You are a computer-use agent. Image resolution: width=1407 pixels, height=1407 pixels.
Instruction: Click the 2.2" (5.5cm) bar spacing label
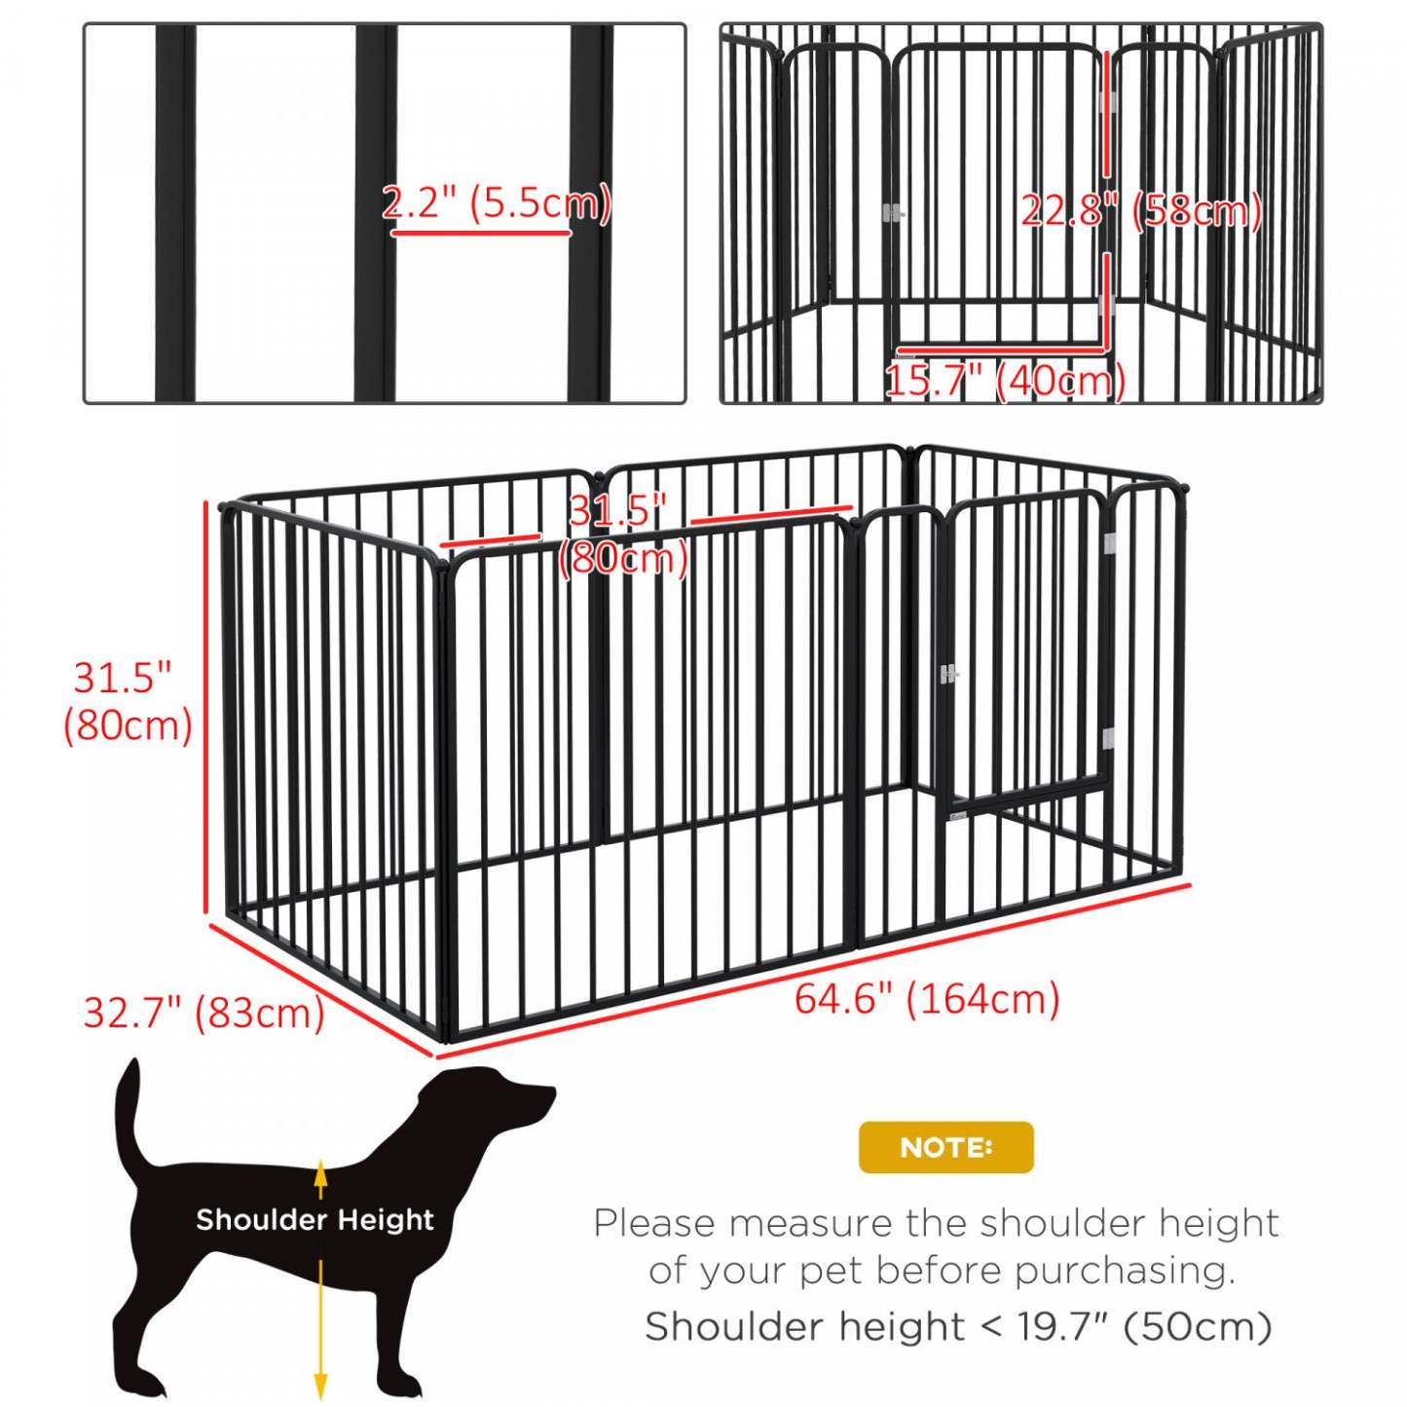[x=496, y=204]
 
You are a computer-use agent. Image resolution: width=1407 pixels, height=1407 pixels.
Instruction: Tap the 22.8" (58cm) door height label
[x=1140, y=210]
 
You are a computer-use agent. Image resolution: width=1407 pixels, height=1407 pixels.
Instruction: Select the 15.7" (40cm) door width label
[x=1005, y=380]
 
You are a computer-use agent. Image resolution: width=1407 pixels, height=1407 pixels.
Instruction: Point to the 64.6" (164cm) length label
[x=927, y=999]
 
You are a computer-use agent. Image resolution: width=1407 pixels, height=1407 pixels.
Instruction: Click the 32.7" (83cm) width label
[x=204, y=1013]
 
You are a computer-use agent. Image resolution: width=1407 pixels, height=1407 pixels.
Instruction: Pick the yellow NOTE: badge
[x=945, y=1147]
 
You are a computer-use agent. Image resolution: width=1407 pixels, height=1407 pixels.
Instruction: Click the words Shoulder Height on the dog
[x=315, y=1219]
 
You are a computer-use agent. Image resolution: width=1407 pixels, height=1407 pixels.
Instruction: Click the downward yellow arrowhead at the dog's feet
[x=320, y=1387]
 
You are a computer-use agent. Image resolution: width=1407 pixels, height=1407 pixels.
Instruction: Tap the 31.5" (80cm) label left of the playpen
[x=127, y=701]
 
